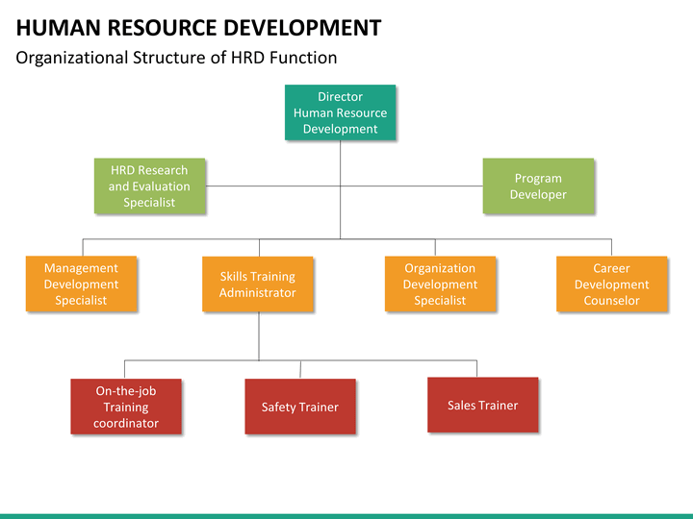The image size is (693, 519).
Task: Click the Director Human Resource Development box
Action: coord(341,112)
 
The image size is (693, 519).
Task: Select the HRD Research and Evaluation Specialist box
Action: coord(150,185)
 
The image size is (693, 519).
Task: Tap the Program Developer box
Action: coord(538,185)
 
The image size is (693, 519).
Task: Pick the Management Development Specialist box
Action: coord(81,284)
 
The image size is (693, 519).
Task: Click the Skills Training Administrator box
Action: coord(258,284)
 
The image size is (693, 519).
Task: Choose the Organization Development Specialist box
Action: coord(440,284)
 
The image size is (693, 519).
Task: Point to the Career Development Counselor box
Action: coord(612,284)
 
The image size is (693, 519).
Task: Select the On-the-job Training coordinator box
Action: coord(126,407)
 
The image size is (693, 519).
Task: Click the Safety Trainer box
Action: coord(300,407)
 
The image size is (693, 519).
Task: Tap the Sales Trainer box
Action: coord(483,405)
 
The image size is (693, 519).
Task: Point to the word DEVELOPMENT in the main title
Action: coord(302,28)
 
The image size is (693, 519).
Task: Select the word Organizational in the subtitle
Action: coord(71,58)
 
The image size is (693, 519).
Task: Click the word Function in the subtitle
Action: coord(303,58)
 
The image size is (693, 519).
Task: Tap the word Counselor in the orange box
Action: coord(612,301)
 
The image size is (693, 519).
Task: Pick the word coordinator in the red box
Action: coord(126,423)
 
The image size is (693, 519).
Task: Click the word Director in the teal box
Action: coord(341,97)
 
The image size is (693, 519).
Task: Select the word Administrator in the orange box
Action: coord(258,292)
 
